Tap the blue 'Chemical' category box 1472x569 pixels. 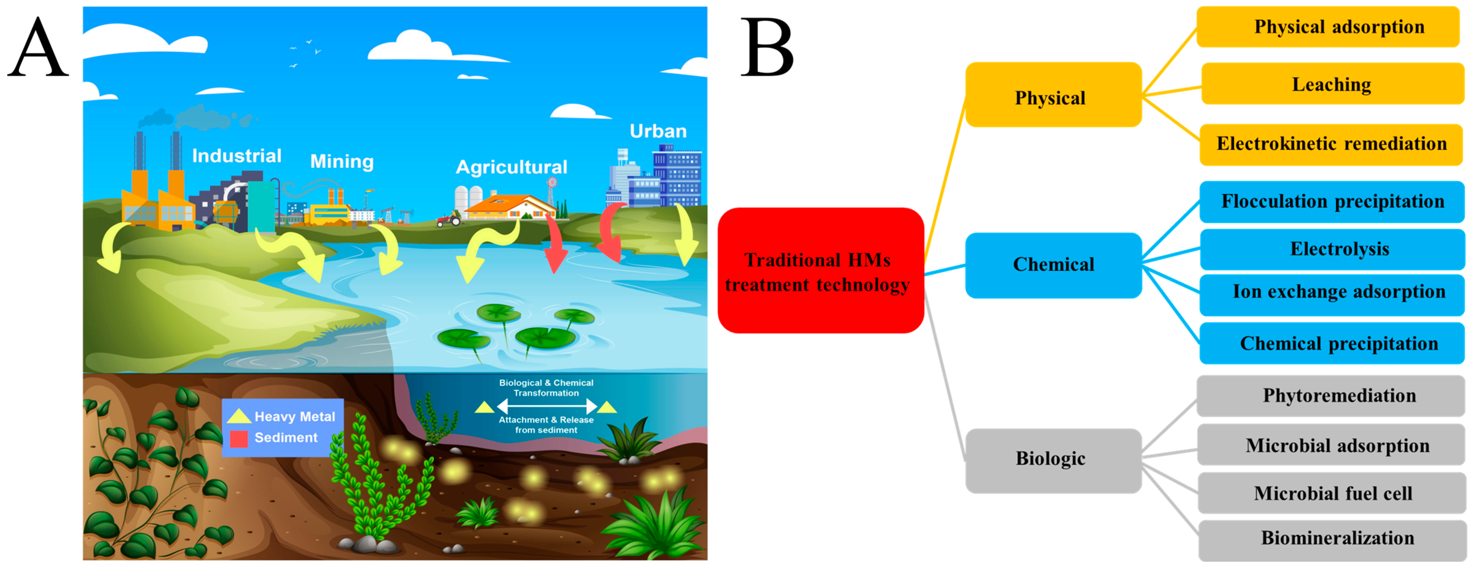(1053, 265)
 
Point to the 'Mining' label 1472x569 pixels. (342, 161)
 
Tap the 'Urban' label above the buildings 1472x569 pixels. (658, 131)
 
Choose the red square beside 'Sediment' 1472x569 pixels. (238, 439)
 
